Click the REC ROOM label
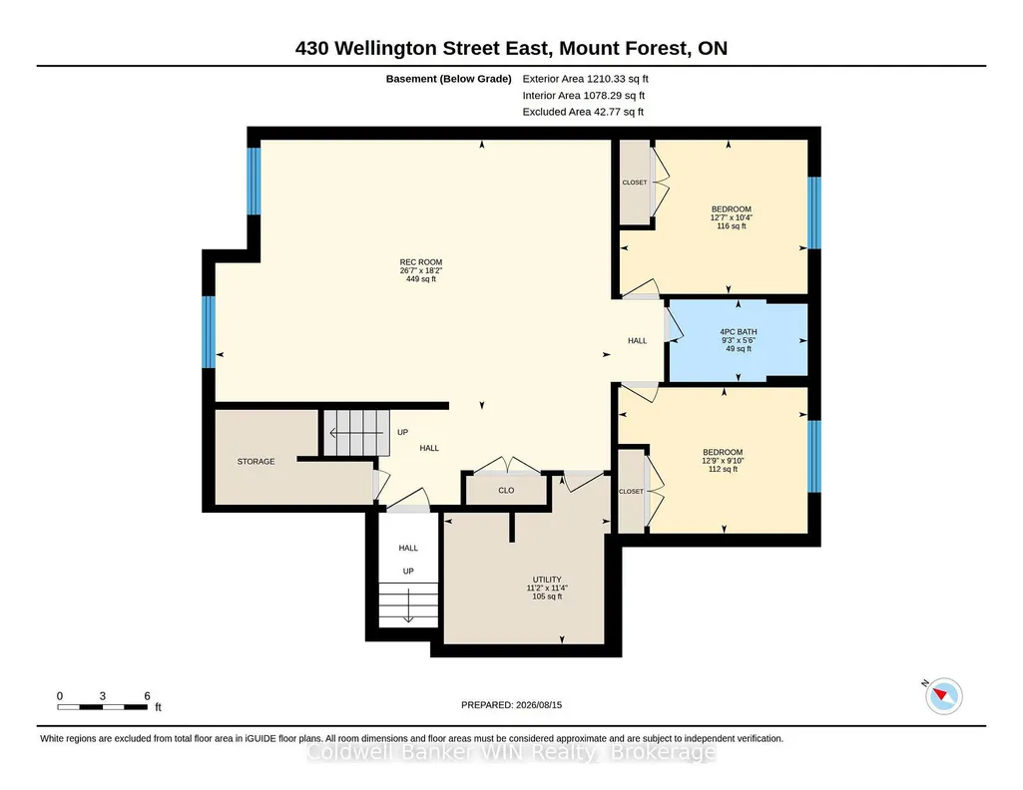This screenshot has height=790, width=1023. pyautogui.click(x=421, y=262)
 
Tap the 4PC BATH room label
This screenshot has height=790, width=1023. pyautogui.click(x=738, y=332)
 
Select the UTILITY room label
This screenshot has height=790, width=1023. pyautogui.click(x=547, y=580)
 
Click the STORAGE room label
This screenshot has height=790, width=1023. pyautogui.click(x=256, y=462)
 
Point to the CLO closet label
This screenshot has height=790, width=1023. pyautogui.click(x=506, y=490)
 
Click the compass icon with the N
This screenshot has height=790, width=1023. pyautogui.click(x=943, y=695)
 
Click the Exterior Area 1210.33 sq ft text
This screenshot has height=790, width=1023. pyautogui.click(x=585, y=79)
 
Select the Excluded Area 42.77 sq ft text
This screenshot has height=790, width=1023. pyautogui.click(x=583, y=112)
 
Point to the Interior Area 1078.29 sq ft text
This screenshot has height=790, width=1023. pyautogui.click(x=583, y=95)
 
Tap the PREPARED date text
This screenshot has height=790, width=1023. pyautogui.click(x=511, y=704)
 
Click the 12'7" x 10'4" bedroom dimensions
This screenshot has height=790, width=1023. pyautogui.click(x=732, y=217)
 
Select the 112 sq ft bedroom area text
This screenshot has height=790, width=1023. pyautogui.click(x=723, y=469)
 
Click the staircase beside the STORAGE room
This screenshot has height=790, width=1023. pyautogui.click(x=357, y=433)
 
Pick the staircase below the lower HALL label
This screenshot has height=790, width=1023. pyautogui.click(x=408, y=604)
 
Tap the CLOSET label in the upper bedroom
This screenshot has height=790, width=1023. pyautogui.click(x=635, y=183)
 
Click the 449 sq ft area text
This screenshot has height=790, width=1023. pyautogui.click(x=421, y=279)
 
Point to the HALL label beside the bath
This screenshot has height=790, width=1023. pyautogui.click(x=638, y=340)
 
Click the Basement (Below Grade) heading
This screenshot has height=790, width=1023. pyautogui.click(x=448, y=79)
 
